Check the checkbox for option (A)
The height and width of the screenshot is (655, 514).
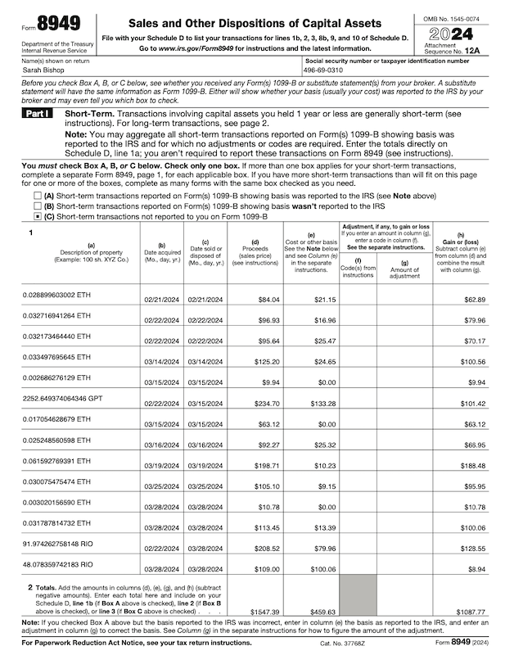click(37, 196)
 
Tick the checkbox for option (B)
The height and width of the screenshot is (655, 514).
click(37, 207)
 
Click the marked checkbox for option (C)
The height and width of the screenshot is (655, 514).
click(37, 218)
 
